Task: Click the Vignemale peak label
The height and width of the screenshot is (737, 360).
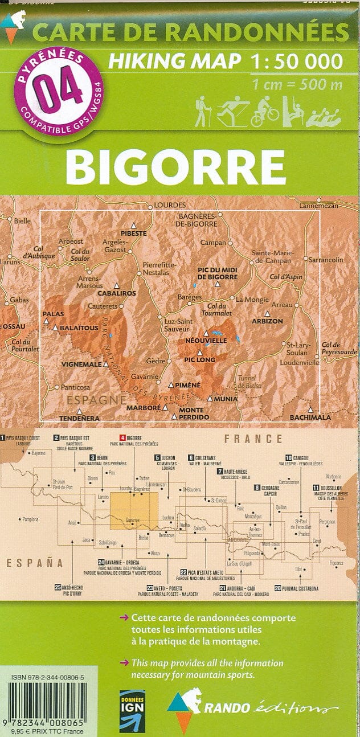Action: coord(81,363)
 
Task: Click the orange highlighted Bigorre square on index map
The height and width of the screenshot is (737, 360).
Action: coord(134,510)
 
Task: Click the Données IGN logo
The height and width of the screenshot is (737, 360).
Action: coord(132,711)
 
